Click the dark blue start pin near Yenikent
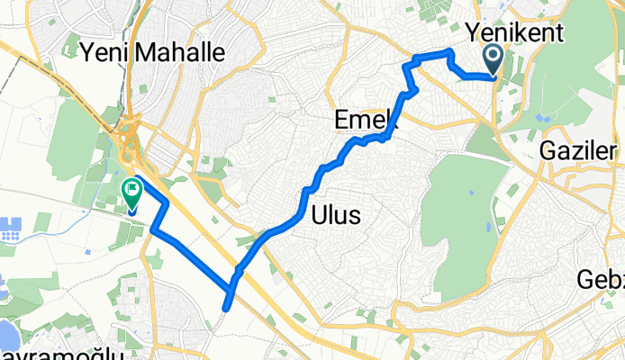[494, 60]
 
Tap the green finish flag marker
[131, 193]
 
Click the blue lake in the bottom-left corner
[7, 336]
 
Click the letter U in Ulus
[318, 216]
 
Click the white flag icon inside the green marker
[131, 189]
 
